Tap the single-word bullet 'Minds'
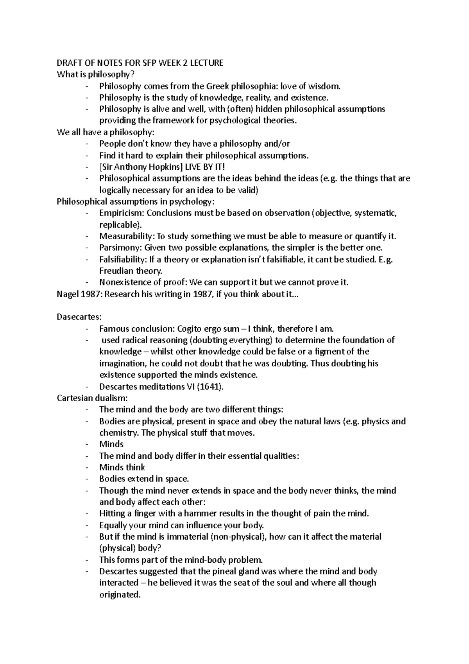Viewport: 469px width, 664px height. point(111,444)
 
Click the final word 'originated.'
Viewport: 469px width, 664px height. point(120,594)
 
